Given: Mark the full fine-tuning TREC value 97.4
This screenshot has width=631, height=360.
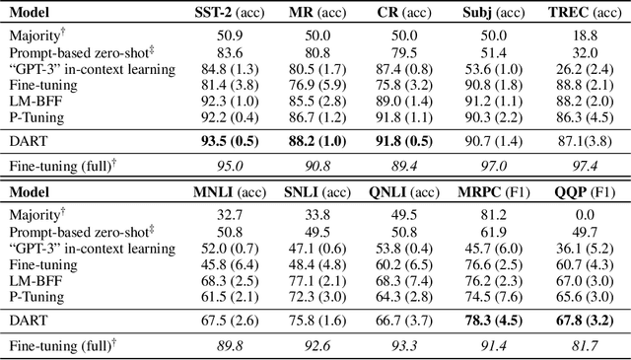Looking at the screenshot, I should pyautogui.click(x=579, y=167).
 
